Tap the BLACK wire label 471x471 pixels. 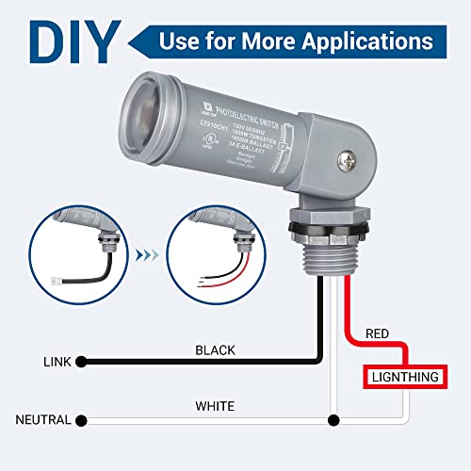(x=215, y=349)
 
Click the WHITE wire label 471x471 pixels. (x=215, y=406)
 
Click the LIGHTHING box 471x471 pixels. (x=404, y=377)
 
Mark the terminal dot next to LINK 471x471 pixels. (x=83, y=362)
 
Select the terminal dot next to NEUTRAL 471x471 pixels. (x=83, y=419)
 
